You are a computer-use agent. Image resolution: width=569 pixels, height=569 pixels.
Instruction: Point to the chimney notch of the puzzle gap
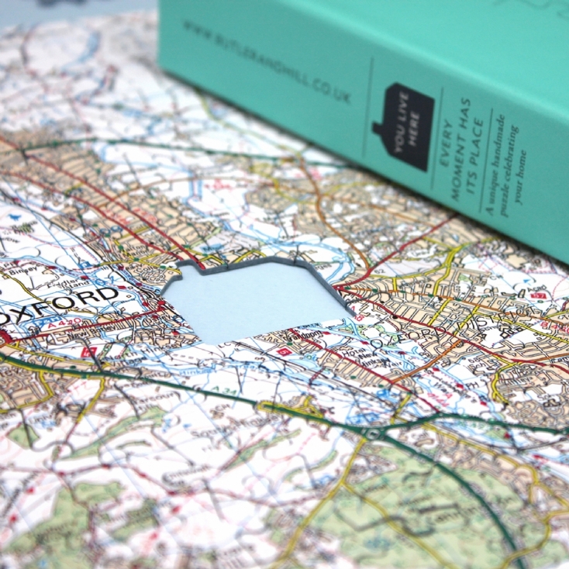[x=188, y=271]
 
